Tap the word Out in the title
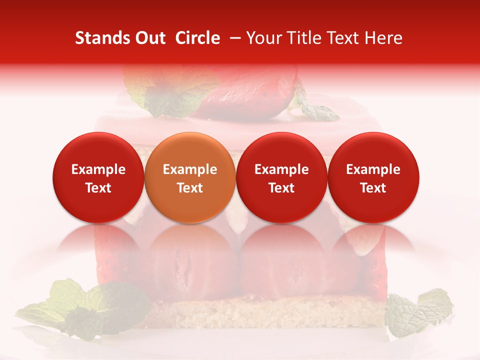pyautogui.click(x=149, y=38)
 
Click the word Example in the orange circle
pyautogui.click(x=190, y=169)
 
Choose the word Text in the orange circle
pyautogui.click(x=190, y=188)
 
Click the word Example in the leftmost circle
pyautogui.click(x=98, y=169)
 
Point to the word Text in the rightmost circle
pyautogui.click(x=373, y=188)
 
